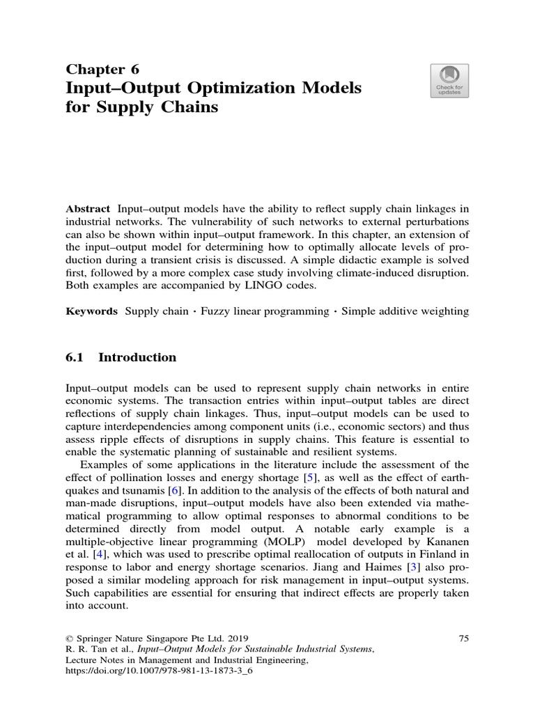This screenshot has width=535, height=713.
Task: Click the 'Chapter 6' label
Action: pyautogui.click(x=102, y=68)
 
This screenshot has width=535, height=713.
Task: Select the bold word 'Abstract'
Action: pyautogui.click(x=88, y=209)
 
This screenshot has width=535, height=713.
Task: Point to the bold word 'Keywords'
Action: pyautogui.click(x=92, y=311)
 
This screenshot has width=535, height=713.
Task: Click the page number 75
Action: pyautogui.click(x=465, y=638)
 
